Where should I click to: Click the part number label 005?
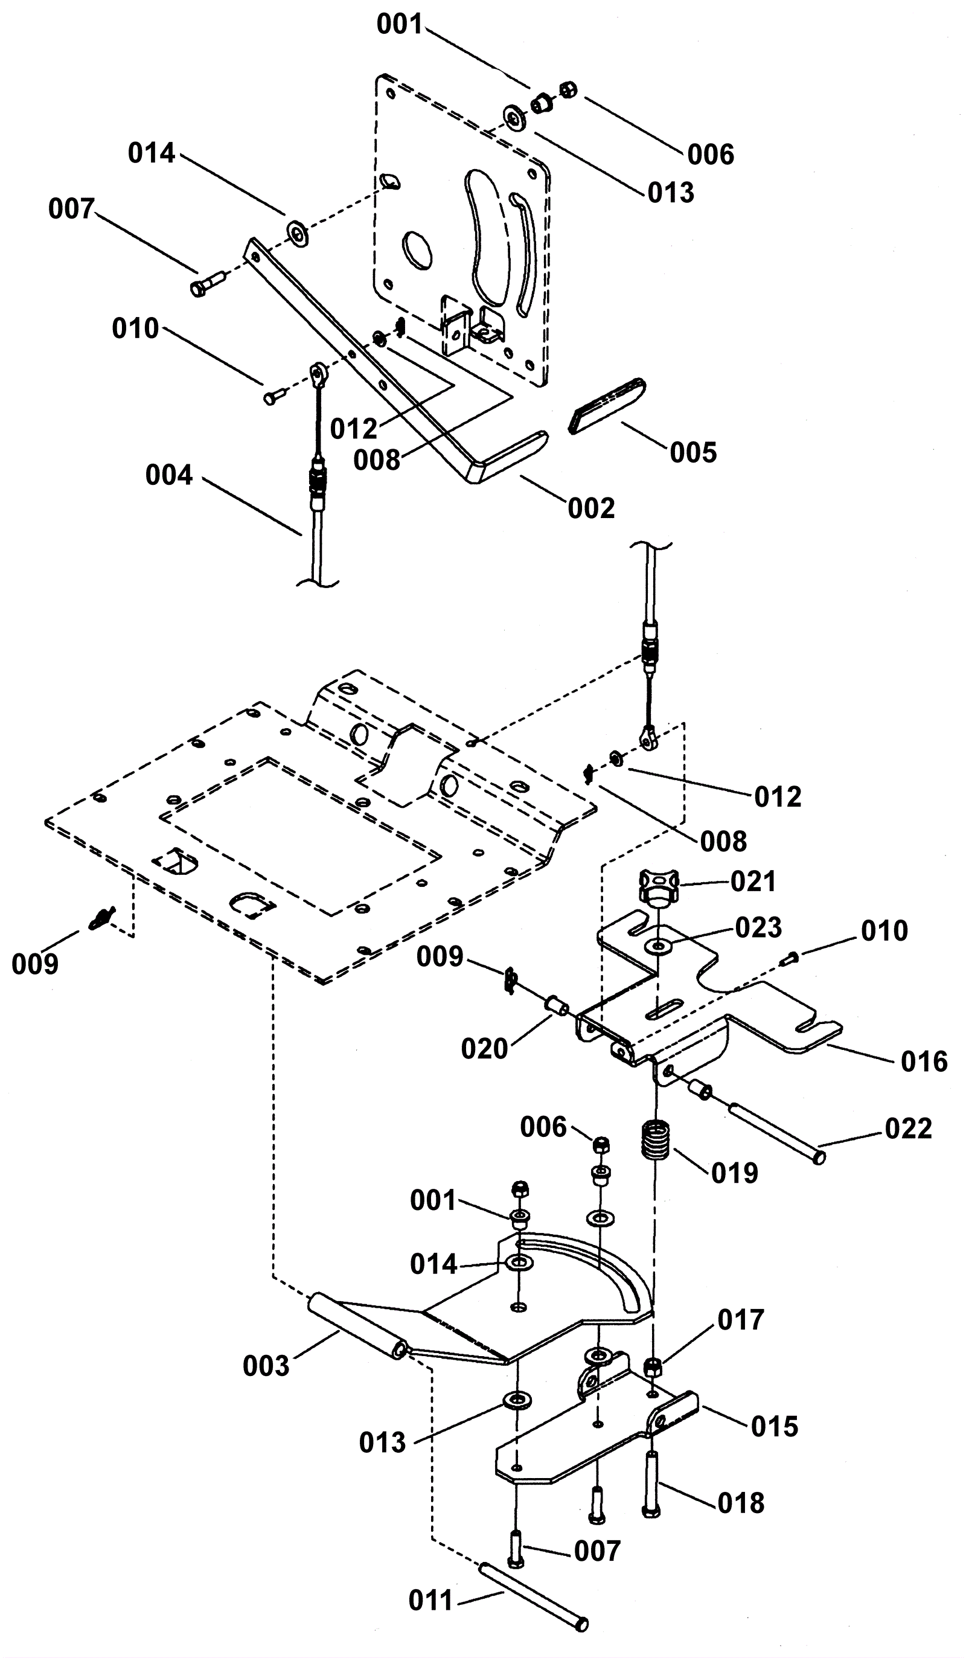point(693,453)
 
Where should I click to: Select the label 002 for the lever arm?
point(592,508)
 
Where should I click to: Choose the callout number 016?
point(924,1061)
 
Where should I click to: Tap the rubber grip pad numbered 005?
point(607,406)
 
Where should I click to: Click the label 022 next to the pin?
point(908,1128)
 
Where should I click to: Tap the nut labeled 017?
point(652,1368)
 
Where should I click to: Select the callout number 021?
point(753,881)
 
